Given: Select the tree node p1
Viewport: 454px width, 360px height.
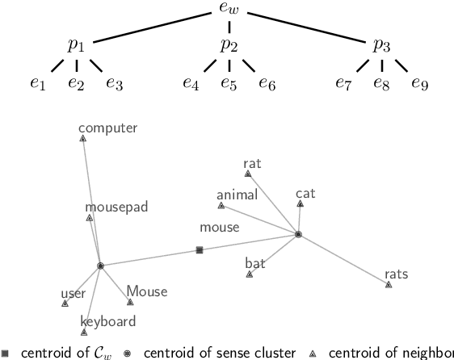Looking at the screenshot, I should click(76, 45).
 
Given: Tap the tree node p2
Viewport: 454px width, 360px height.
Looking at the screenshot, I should click(229, 45).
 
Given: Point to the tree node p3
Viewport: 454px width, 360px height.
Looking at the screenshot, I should click(380, 45).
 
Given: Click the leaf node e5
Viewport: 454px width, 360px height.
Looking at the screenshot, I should click(229, 82).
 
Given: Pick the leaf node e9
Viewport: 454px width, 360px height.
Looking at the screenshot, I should click(418, 82).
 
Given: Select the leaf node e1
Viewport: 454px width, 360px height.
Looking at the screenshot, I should click(38, 82).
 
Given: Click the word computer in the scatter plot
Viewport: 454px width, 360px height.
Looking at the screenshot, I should click(107, 128).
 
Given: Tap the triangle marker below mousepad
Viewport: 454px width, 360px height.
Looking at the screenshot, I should click(90, 218).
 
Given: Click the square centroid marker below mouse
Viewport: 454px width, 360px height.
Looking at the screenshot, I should click(200, 250).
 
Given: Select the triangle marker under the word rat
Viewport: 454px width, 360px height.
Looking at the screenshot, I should click(248, 174).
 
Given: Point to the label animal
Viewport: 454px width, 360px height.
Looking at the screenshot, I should click(237, 194).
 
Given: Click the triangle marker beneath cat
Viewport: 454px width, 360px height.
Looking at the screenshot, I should click(301, 203).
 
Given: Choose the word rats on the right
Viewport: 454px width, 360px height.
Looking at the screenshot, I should click(396, 274).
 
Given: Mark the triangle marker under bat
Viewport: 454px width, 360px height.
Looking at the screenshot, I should click(250, 274).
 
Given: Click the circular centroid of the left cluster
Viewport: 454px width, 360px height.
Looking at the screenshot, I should click(100, 266).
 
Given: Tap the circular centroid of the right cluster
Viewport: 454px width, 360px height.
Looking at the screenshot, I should click(298, 234).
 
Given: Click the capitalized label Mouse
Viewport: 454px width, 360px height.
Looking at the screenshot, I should click(146, 291).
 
